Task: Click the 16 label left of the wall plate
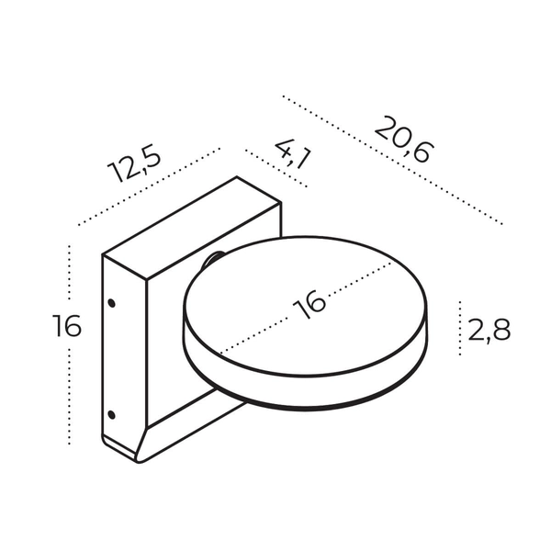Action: pyautogui.click(x=66, y=326)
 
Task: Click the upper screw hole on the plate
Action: pyautogui.click(x=111, y=301)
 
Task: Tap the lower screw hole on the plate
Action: pyautogui.click(x=111, y=414)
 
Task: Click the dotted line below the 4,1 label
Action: pyautogui.click(x=275, y=168)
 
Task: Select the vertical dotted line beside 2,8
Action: pyautogui.click(x=459, y=328)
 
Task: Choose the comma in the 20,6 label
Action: pyautogui.click(x=405, y=149)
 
